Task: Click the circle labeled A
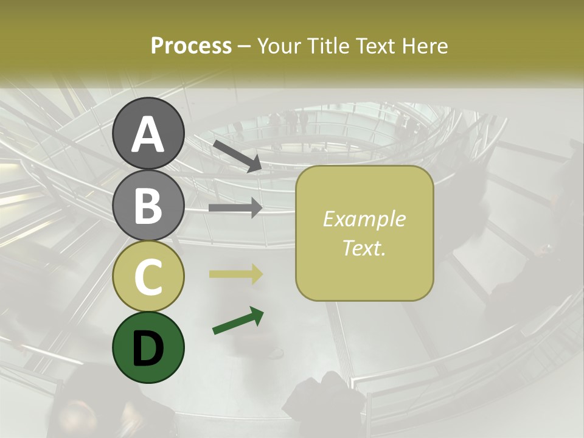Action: tap(148, 133)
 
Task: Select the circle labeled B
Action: tap(148, 204)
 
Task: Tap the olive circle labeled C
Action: tap(148, 276)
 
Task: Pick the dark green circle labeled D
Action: tap(148, 347)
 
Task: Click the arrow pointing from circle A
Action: tap(237, 156)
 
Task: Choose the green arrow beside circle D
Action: tap(238, 321)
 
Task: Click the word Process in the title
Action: tap(191, 46)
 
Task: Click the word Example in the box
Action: tap(364, 219)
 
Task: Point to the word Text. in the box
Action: tap(364, 247)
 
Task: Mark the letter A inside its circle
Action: tap(148, 134)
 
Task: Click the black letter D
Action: tap(148, 348)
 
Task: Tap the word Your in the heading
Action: tap(279, 46)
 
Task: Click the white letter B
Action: tap(148, 205)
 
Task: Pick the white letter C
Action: tap(148, 277)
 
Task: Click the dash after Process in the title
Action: tap(245, 46)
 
